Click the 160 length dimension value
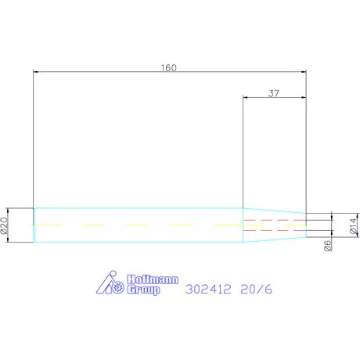[x=169, y=67]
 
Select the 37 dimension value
[x=273, y=92]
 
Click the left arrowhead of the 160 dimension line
[x=37, y=73]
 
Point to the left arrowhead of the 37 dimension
[x=247, y=98]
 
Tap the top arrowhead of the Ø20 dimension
[x=9, y=211]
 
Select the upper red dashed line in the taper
[x=274, y=220]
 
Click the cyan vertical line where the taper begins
[x=243, y=225]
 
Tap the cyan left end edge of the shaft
[x=34, y=225]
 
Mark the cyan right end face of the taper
[x=306, y=225]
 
